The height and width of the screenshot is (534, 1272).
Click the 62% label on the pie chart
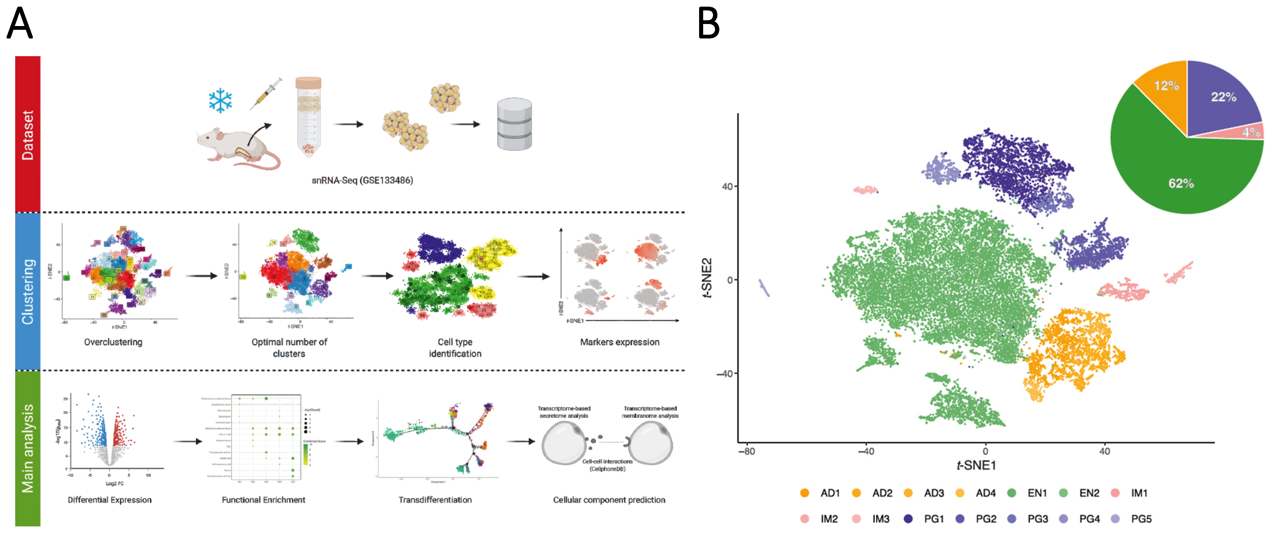(1181, 184)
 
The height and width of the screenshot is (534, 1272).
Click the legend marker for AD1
(804, 493)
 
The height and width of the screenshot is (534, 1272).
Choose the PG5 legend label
(1141, 519)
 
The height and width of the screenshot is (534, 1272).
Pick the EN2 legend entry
(1089, 493)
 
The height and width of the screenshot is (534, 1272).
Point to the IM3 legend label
(880, 519)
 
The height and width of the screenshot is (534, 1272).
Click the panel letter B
(709, 23)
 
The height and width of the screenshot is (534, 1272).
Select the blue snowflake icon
(220, 101)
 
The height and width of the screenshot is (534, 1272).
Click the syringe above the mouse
(266, 93)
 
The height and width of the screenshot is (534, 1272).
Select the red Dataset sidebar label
(28, 134)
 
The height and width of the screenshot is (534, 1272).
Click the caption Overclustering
(113, 342)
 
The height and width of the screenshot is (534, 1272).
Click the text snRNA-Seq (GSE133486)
(362, 181)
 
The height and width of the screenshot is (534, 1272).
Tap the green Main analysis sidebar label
(28, 448)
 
